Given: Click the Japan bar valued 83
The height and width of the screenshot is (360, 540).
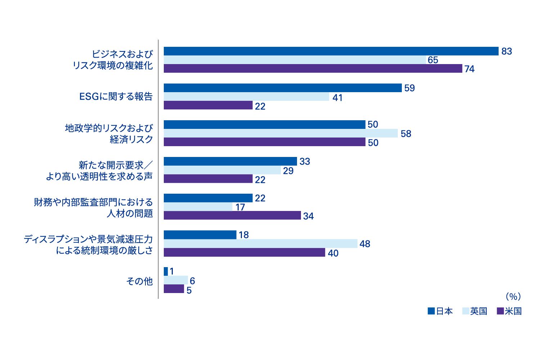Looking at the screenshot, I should (331, 51).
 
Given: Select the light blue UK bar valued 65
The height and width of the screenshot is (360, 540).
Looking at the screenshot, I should (294, 60).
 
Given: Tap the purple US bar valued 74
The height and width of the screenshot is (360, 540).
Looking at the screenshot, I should (313, 68).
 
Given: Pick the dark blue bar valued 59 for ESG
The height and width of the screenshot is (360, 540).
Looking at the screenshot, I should (283, 88).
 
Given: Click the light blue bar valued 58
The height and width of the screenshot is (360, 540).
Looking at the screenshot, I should (281, 133).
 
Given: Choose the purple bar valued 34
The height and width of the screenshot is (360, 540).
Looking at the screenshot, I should (232, 215).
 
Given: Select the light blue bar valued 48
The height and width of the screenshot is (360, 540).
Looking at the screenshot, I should (261, 243).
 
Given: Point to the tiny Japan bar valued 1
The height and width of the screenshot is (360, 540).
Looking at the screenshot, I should (166, 271).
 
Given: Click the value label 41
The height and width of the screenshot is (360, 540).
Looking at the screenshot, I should (337, 98).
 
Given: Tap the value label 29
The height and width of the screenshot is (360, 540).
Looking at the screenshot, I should (288, 171).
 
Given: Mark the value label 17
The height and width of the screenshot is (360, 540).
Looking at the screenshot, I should (240, 207).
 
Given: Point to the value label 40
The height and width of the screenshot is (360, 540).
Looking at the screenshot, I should (333, 253).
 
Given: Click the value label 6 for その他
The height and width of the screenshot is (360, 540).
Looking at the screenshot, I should (192, 281).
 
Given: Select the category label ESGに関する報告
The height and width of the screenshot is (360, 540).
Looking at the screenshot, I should (116, 96).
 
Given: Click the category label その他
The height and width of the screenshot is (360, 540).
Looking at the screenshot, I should (139, 281).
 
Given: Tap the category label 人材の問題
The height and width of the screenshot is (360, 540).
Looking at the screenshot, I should (130, 213).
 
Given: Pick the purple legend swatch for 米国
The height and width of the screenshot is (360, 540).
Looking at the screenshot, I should (500, 311).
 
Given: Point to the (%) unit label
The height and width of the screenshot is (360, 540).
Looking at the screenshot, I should (513, 297).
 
